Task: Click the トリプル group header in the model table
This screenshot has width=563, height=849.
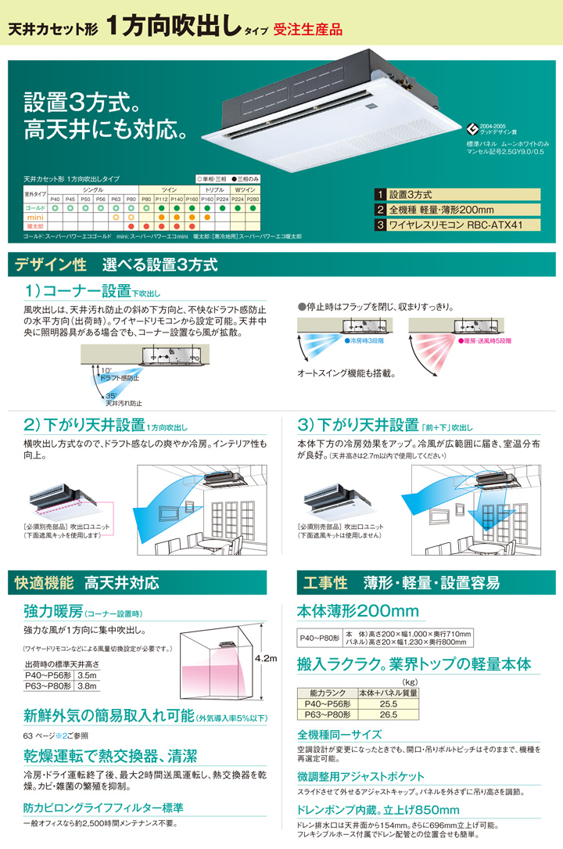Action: pyautogui.click(x=215, y=190)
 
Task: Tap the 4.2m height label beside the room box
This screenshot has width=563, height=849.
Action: pyautogui.click(x=267, y=660)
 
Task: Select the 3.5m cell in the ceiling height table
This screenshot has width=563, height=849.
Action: pyautogui.click(x=87, y=674)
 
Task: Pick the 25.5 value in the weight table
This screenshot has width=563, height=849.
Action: pyautogui.click(x=388, y=703)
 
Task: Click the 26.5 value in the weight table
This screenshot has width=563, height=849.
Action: pyautogui.click(x=388, y=714)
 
